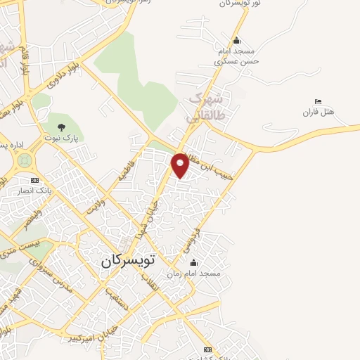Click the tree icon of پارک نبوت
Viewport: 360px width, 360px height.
[x=62, y=127]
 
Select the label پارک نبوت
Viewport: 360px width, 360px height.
[x=62, y=139]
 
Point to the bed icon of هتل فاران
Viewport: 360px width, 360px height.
[x=318, y=102]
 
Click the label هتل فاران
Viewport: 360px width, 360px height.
[x=317, y=112]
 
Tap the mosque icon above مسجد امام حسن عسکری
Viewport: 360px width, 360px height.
[x=236, y=40]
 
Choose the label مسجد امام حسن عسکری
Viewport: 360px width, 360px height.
[x=237, y=56]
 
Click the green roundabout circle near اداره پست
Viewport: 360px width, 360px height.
[x=23, y=160]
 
